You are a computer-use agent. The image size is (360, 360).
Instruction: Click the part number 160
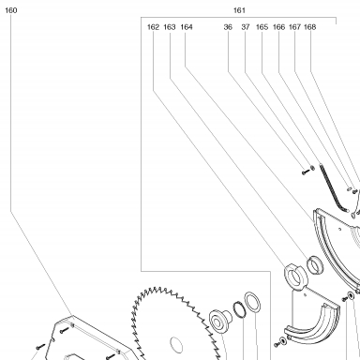11,10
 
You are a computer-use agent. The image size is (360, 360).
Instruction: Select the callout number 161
239,10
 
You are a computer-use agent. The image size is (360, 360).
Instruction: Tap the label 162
153,27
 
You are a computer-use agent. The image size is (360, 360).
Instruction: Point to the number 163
170,27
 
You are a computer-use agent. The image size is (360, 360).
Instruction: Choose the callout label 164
187,27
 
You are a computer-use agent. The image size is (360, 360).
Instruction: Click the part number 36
228,27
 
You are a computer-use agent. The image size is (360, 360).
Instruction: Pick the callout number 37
246,27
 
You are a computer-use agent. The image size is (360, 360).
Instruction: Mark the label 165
262,27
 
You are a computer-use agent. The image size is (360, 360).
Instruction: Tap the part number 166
278,27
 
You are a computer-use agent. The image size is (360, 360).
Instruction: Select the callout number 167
294,27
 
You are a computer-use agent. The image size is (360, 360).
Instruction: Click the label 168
309,27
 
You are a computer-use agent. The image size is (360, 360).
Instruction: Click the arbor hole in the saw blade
176,345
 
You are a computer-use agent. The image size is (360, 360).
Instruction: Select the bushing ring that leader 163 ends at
315,265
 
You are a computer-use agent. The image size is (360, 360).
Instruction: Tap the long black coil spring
331,188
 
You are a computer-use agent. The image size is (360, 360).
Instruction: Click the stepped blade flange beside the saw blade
219,322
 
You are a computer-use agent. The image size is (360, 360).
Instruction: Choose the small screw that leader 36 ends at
305,172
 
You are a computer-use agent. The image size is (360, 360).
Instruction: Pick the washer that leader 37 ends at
312,169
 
